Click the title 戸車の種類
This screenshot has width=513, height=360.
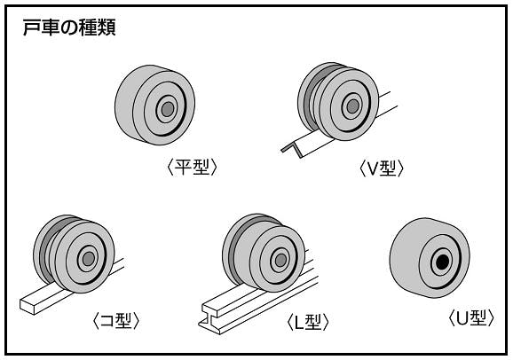tap(69, 27)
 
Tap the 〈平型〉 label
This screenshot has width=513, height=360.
tap(192, 167)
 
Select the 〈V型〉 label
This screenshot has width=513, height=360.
tap(382, 168)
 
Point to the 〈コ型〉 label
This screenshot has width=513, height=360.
tap(116, 321)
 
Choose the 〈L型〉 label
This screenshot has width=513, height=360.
tap(308, 322)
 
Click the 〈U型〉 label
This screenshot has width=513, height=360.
tap(471, 317)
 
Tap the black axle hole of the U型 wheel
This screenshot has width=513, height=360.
tap(443, 262)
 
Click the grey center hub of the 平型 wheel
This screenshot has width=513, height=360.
tap(168, 109)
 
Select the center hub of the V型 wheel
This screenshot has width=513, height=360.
tap(353, 106)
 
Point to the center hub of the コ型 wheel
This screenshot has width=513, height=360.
tap(89, 259)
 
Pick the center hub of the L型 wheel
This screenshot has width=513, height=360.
tap(280, 261)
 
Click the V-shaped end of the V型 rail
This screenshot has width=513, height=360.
tap(293, 150)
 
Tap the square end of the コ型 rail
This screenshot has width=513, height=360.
tap(28, 306)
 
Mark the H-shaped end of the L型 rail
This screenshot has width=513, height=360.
tap(210, 319)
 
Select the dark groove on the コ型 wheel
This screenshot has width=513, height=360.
tap(46, 249)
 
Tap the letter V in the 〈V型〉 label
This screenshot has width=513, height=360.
tap(373, 168)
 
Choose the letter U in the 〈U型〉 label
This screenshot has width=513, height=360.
tap(462, 318)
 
